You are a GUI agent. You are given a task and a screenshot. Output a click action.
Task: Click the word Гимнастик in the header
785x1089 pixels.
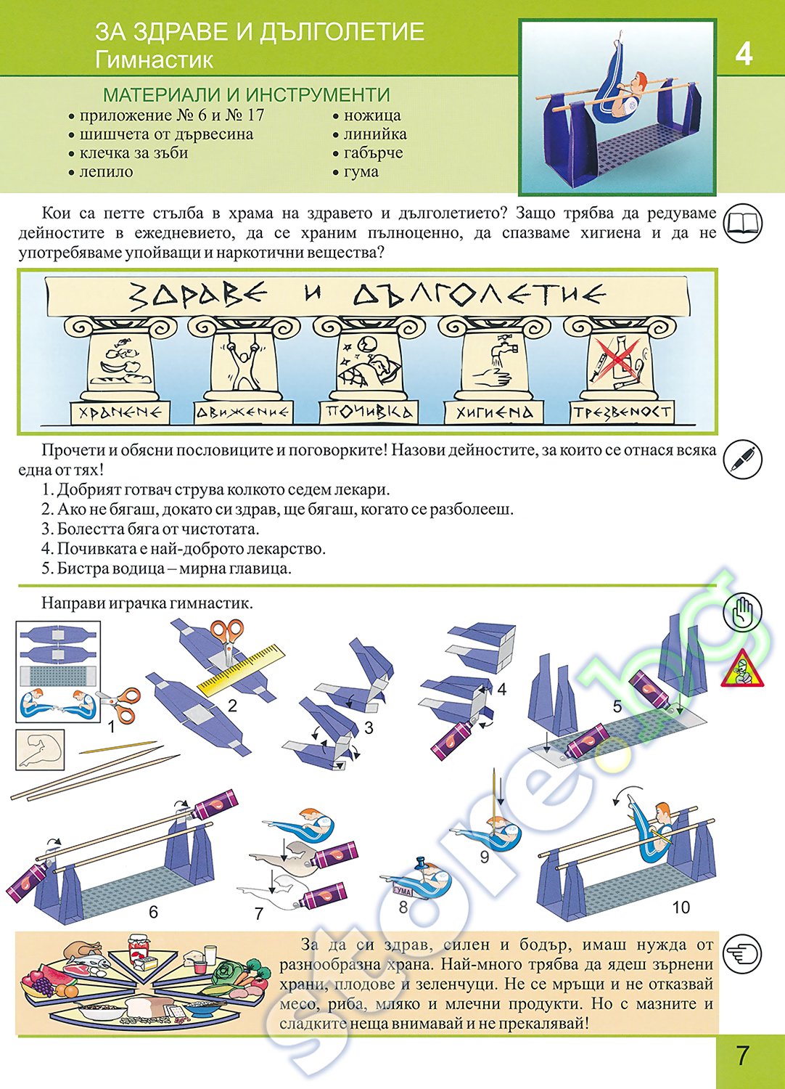pyautogui.click(x=154, y=60)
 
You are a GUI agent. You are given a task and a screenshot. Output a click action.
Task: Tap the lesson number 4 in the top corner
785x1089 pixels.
pyautogui.click(x=744, y=54)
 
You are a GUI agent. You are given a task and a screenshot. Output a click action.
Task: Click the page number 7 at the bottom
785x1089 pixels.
pyautogui.click(x=742, y=1055)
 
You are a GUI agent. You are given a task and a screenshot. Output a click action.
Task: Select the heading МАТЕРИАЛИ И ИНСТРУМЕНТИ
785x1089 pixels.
pyautogui.click(x=247, y=95)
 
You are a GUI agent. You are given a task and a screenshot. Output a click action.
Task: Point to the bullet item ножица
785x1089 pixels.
pyautogui.click(x=371, y=115)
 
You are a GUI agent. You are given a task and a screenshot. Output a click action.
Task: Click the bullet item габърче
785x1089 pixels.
pyautogui.click(x=373, y=153)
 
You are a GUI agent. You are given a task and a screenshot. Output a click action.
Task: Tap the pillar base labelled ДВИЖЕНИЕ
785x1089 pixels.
pyautogui.click(x=242, y=412)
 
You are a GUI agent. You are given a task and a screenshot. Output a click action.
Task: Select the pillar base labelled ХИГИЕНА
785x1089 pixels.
pyautogui.click(x=495, y=412)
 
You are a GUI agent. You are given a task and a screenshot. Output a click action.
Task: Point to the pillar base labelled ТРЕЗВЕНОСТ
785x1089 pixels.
pyautogui.click(x=622, y=412)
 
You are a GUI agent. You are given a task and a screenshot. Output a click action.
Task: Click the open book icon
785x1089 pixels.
pyautogui.click(x=744, y=221)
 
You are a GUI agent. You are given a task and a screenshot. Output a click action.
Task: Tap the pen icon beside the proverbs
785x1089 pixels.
pyautogui.click(x=744, y=459)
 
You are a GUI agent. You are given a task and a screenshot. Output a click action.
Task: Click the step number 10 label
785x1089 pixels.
pyautogui.click(x=681, y=907)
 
